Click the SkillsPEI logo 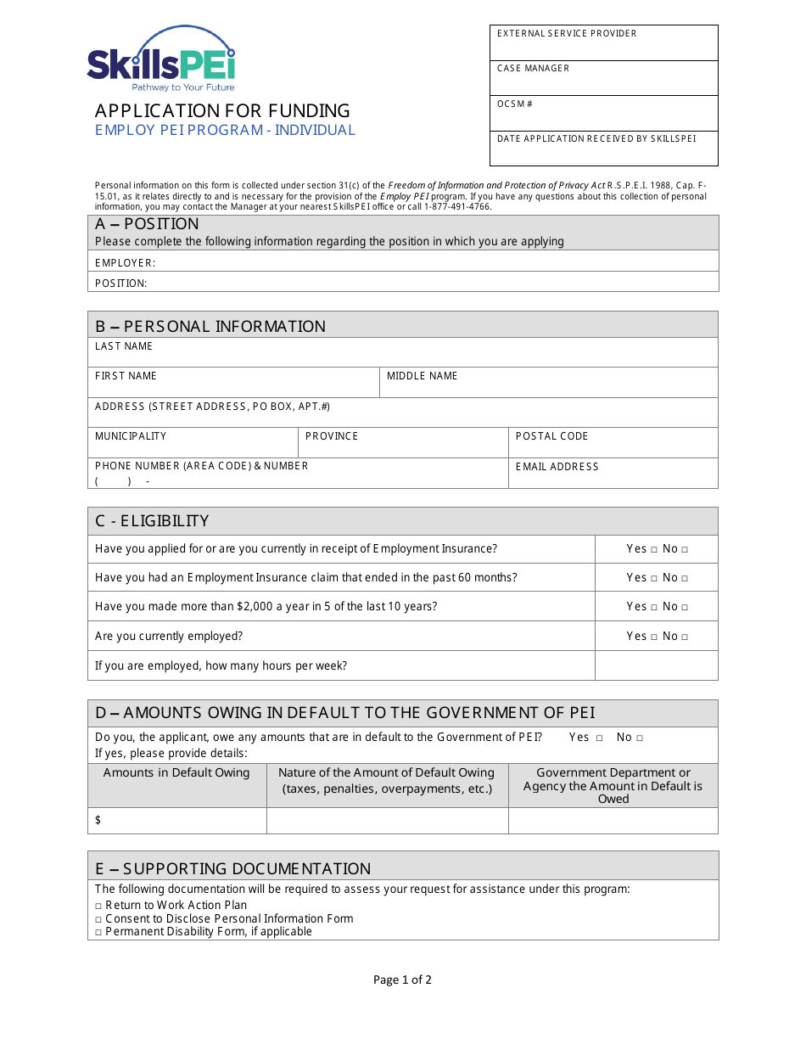coord(161,59)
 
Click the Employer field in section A coord(433,262)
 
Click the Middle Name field coord(548,383)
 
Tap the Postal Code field coord(613,443)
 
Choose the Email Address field coord(613,474)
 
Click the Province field coord(403,443)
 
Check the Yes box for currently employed coord(654,637)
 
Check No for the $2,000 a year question coord(685,608)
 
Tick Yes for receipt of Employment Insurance coord(654,550)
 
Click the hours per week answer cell coord(656,665)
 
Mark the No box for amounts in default coord(640,738)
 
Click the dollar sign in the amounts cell coord(98,820)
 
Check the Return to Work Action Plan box coord(98,906)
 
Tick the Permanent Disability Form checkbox coord(98,933)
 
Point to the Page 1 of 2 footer coord(402,979)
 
